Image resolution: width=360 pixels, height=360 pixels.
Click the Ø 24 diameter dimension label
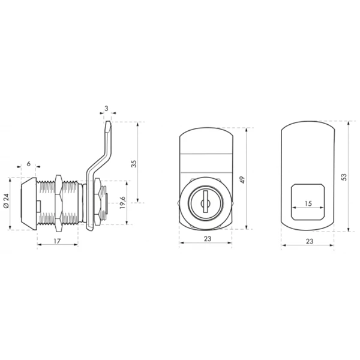6,200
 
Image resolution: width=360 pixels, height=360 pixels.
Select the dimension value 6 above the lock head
28,164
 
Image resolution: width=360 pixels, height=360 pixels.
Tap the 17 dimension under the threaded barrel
57,241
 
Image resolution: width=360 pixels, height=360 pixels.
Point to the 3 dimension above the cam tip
106,109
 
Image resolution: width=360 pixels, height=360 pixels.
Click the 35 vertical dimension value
134,164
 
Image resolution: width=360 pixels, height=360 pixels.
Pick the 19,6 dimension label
122,203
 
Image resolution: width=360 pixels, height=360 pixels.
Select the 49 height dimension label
242,180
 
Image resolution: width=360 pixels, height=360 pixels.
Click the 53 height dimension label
344,177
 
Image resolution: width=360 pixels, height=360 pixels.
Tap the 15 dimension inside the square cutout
308,203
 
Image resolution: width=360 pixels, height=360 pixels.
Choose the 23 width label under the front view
208,239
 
